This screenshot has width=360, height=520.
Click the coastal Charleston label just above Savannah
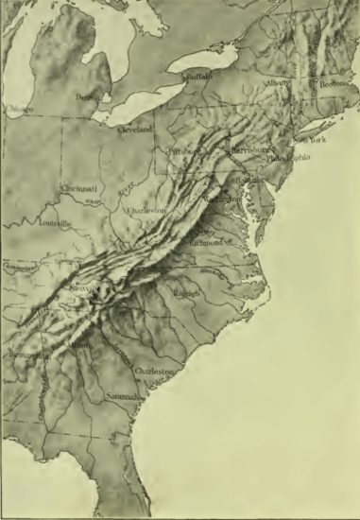point(155,372)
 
